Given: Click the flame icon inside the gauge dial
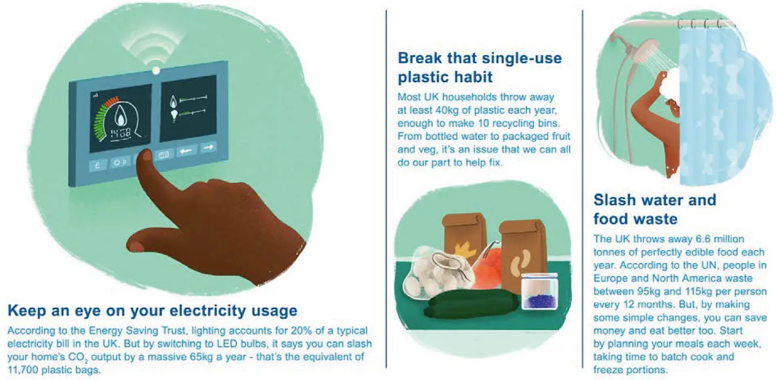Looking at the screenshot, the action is tap(121, 115).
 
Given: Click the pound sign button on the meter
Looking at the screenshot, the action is tap(97, 166).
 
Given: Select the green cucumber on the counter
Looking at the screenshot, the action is tap(472, 304).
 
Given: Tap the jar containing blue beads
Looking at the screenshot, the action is tap(540, 291).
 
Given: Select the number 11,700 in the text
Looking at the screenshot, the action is tap(23, 370).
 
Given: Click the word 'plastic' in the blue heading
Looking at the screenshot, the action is tap(421, 77).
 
